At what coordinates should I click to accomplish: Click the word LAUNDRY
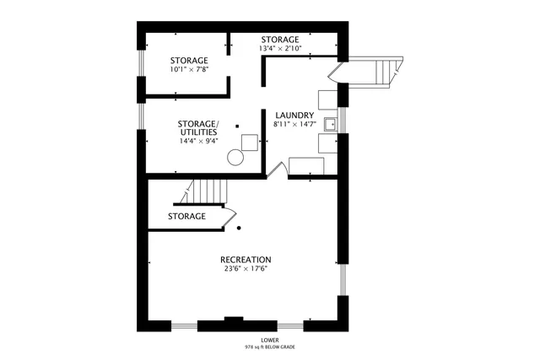294,116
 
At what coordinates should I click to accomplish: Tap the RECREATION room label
246,259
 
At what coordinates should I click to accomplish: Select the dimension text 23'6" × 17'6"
246,269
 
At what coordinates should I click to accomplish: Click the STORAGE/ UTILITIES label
198,127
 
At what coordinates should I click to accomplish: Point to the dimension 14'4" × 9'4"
198,141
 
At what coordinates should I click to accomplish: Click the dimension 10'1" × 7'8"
189,70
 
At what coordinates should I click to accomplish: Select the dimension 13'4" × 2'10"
279,49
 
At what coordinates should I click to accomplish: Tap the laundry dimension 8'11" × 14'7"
294,125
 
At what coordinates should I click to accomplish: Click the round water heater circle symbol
239,157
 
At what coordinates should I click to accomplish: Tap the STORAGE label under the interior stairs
186,217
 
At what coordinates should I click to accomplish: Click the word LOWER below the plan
270,339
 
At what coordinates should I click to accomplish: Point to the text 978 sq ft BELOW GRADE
270,347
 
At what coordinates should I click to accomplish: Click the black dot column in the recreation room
240,228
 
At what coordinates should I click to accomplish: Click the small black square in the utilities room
237,126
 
